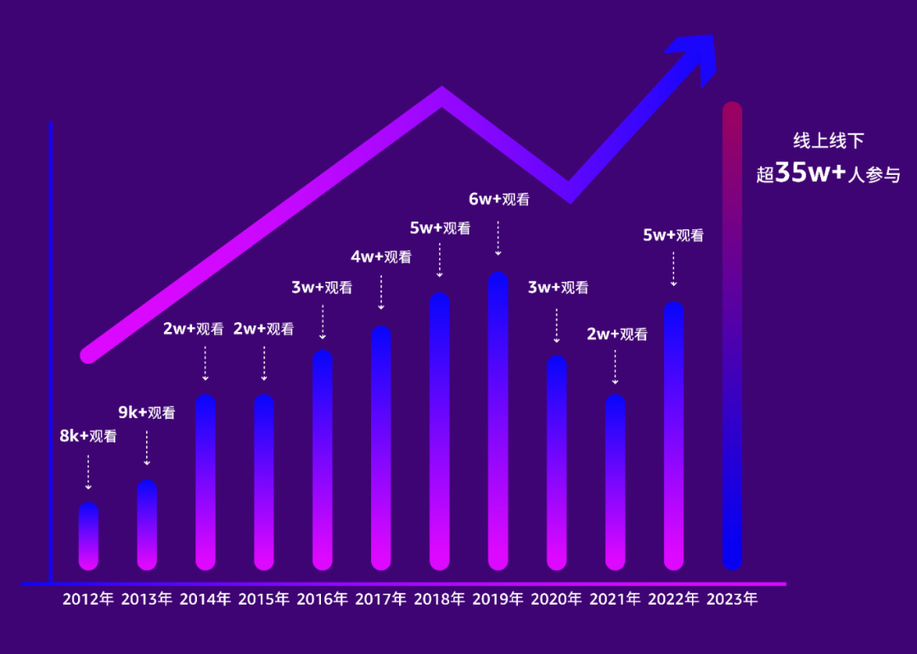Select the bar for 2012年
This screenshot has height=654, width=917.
tap(88, 536)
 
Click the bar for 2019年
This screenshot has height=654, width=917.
tap(498, 421)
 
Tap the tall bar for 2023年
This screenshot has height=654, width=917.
tap(732, 336)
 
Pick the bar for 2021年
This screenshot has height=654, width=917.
tap(616, 482)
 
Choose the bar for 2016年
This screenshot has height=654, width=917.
tap(323, 459)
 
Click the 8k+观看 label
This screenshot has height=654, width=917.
tap(87, 437)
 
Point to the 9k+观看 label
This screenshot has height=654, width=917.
tap(147, 414)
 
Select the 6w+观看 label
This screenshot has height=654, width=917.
tap(499, 200)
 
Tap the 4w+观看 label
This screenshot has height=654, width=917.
tap(381, 257)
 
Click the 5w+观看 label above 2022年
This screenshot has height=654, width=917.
tap(673, 235)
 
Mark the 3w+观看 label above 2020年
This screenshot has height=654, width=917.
tap(558, 287)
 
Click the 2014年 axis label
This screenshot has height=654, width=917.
tap(205, 599)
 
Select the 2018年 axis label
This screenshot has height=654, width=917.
tap(440, 599)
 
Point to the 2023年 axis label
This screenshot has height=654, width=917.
tap(732, 599)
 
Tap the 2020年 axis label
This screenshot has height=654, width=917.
tap(557, 599)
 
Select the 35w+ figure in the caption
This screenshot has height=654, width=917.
tap(812, 172)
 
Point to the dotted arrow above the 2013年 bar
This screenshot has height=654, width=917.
tap(147, 448)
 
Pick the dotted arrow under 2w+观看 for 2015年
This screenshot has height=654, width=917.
tap(264, 363)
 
